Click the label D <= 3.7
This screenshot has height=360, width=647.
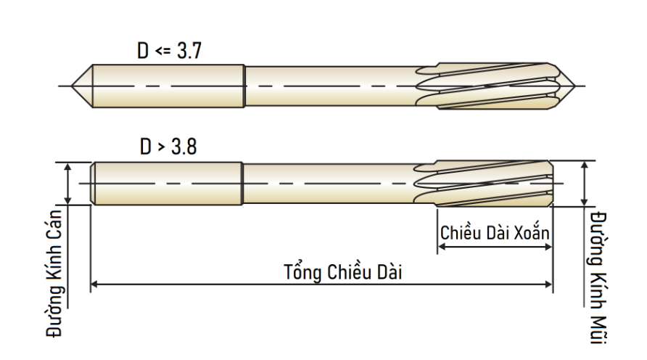coord(169,51)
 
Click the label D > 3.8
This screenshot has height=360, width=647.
coord(168,147)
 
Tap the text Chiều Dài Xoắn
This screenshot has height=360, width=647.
coord(495,232)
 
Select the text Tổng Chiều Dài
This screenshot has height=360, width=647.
coord(343,271)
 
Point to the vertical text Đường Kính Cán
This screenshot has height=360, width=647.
coord(54,274)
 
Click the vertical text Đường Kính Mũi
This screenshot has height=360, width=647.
coord(598,277)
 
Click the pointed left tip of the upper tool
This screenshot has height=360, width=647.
coord(71,86)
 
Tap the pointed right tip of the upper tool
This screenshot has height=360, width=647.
coord(574,86)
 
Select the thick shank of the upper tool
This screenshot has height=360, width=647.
coord(168,86)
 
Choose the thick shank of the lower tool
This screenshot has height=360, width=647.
coord(166,184)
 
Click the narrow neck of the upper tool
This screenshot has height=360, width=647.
coord(330,86)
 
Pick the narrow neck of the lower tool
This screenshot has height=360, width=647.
coord(328,184)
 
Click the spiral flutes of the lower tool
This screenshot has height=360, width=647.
coord(484,184)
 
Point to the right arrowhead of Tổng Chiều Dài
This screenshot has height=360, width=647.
coord(548,284)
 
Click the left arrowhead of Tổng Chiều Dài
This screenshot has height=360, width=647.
coord(94,284)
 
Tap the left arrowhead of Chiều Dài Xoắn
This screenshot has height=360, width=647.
coord(442,247)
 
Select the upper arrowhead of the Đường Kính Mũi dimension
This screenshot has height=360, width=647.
coord(584,165)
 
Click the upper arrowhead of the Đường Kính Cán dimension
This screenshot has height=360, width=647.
coord(68,167)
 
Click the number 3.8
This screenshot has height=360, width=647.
coord(184,147)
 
